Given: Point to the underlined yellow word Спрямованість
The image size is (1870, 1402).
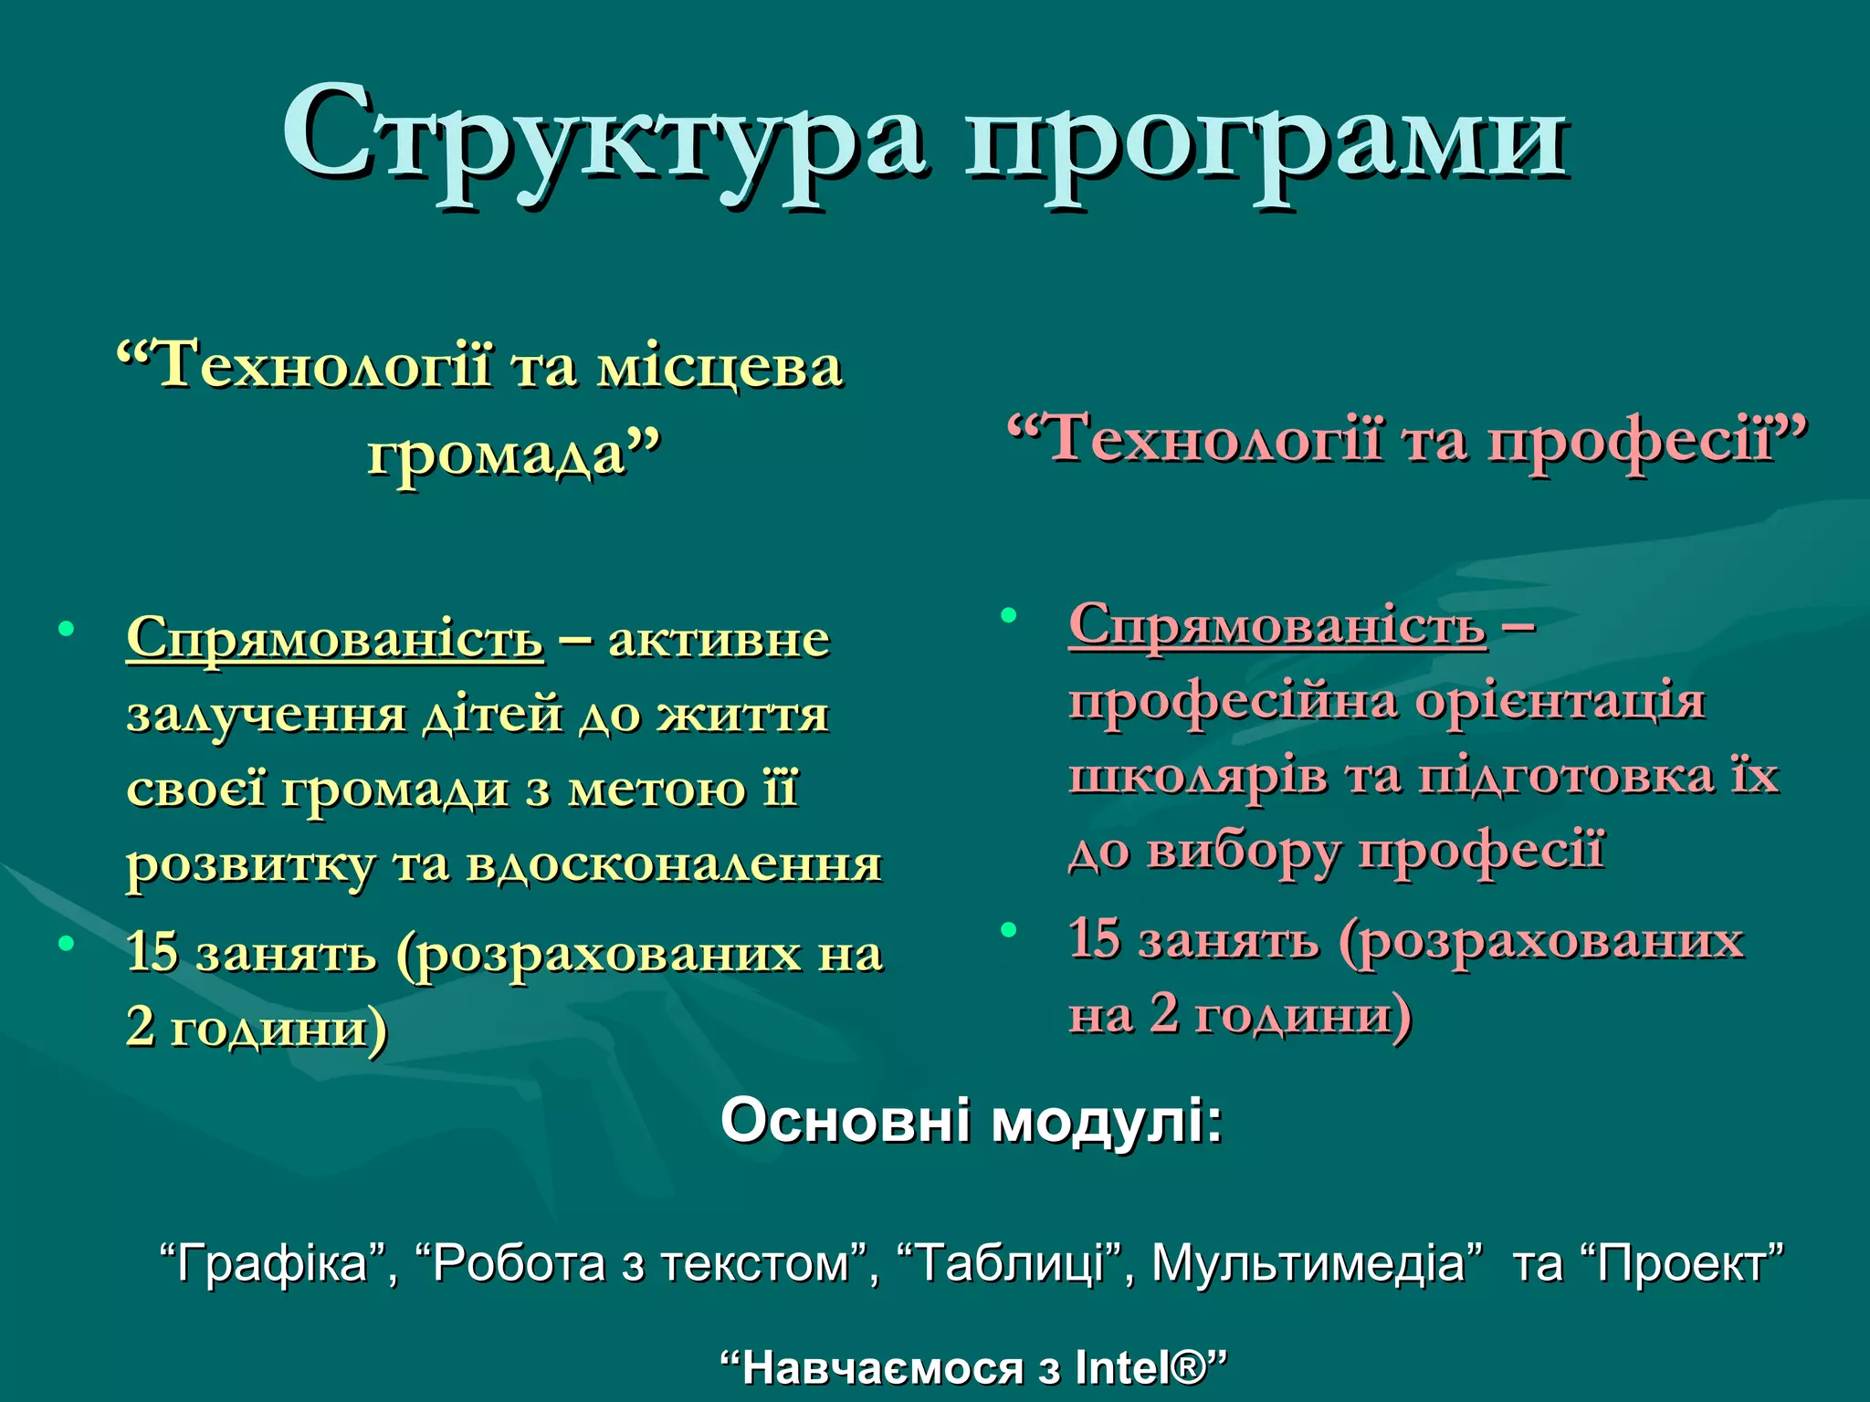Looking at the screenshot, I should pyautogui.click(x=335, y=637).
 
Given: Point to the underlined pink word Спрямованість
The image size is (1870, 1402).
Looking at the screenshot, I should pyautogui.click(x=1277, y=625).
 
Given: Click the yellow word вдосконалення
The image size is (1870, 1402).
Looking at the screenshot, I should pyautogui.click(x=674, y=863).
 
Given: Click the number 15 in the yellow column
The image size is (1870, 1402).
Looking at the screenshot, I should pyautogui.click(x=152, y=952).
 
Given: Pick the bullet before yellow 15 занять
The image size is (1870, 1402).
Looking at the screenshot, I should pyautogui.click(x=66, y=944).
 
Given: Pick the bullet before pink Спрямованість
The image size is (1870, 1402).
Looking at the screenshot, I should pyautogui.click(x=1008, y=615).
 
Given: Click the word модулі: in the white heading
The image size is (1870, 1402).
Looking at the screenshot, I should pyautogui.click(x=1107, y=1121).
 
